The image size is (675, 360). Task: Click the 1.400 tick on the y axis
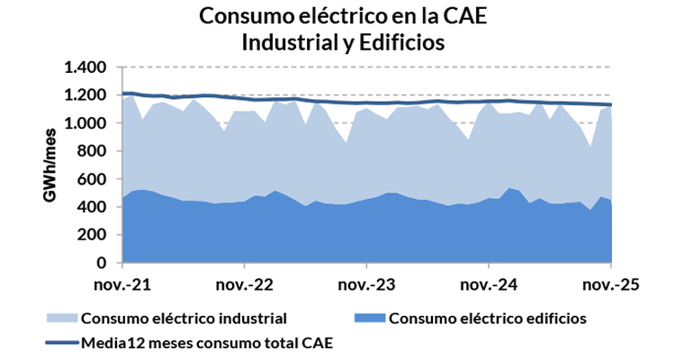pos(85,67)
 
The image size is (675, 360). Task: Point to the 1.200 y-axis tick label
pos(85,95)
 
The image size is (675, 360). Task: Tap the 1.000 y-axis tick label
pos(85,123)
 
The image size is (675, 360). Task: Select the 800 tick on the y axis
pos(93,151)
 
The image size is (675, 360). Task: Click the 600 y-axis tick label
pos(93,179)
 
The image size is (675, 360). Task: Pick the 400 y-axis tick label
pos(93,207)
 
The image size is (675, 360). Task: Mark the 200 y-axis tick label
pos(93,235)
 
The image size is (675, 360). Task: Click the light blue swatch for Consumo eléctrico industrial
pos(60,318)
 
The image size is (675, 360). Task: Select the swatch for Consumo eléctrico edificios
pos(367,318)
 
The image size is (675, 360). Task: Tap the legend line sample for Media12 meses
pos(60,342)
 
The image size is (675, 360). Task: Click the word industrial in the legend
pos(251,318)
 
